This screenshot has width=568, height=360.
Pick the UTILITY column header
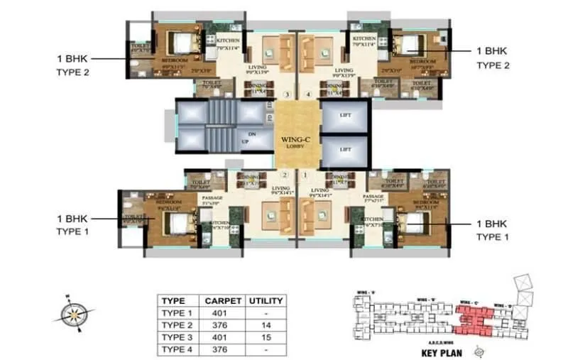click(x=266, y=300)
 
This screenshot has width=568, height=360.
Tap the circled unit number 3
click(x=286, y=94)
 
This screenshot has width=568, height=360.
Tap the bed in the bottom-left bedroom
click(x=173, y=223)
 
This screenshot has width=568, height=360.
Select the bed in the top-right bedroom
click(x=410, y=44)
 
